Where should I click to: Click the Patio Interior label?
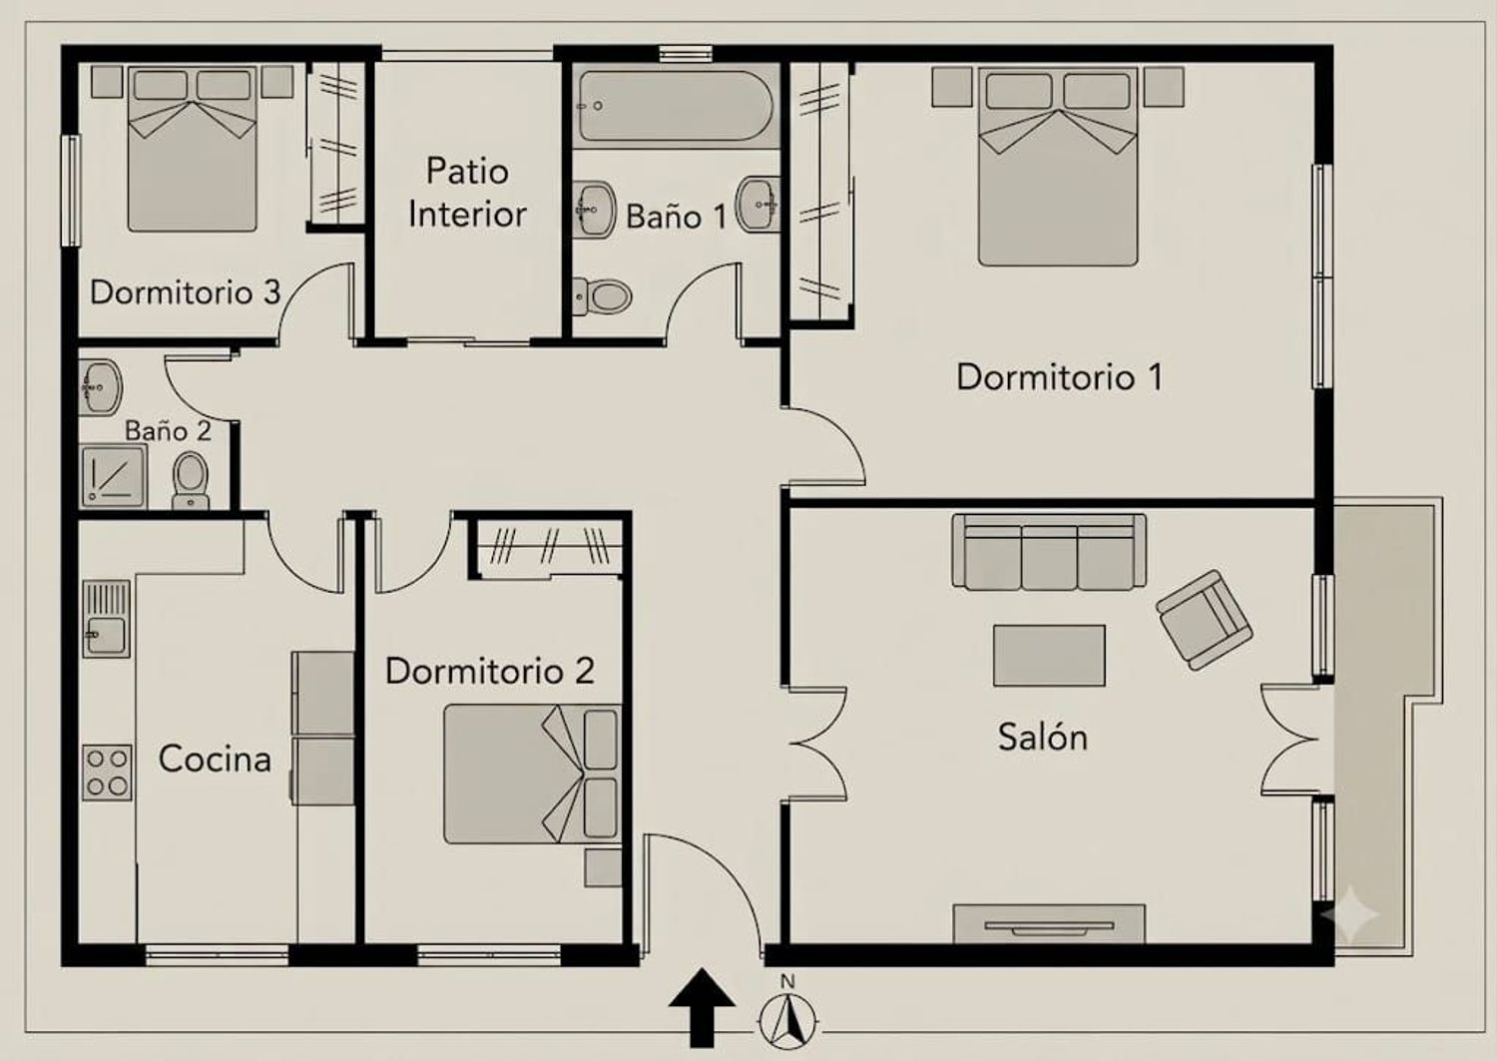pyautogui.click(x=467, y=193)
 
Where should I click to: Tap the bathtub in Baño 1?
pyautogui.click(x=676, y=106)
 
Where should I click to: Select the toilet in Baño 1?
pyautogui.click(x=602, y=295)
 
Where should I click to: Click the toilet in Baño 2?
pyautogui.click(x=191, y=481)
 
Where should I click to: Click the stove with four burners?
pyautogui.click(x=107, y=773)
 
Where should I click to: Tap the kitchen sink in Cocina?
pyautogui.click(x=106, y=619)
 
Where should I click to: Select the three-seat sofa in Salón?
pyautogui.click(x=1049, y=552)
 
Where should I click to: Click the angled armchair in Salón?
pyautogui.click(x=1205, y=620)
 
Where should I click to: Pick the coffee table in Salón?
pyautogui.click(x=1049, y=655)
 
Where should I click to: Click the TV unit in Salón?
pyautogui.click(x=1049, y=924)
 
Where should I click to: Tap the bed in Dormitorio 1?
pyautogui.click(x=1058, y=166)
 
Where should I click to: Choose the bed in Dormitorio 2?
pyautogui.click(x=533, y=774)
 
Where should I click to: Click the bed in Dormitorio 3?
pyautogui.click(x=193, y=149)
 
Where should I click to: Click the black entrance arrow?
pyautogui.click(x=702, y=1007)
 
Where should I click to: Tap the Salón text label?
pyautogui.click(x=1043, y=738)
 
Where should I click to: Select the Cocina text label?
pyautogui.click(x=215, y=760)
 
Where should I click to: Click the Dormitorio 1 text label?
pyautogui.click(x=1059, y=377)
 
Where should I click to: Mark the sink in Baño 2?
pyautogui.click(x=101, y=387)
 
